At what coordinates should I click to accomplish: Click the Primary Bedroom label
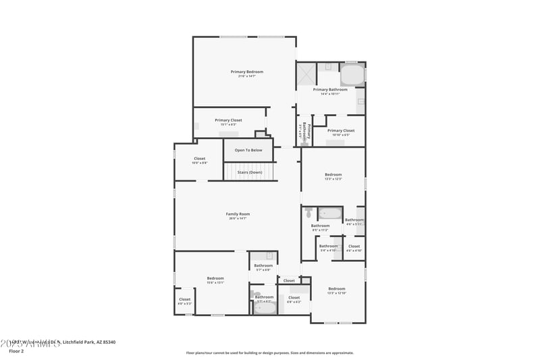pos(246,72)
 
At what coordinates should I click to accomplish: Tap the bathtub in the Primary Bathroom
pos(352,74)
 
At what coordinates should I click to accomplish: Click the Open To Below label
pos(248,150)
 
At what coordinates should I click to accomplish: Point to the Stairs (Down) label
pos(249,172)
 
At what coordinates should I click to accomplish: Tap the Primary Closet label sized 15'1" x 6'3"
pos(228,120)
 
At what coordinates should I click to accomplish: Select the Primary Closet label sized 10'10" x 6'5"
pos(340,130)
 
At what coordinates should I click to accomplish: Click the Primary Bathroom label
pos(330,89)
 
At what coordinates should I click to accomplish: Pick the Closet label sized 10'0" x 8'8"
pos(199,159)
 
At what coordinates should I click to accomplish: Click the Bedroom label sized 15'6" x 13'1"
pos(215,278)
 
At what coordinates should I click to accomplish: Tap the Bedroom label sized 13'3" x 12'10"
pos(336,288)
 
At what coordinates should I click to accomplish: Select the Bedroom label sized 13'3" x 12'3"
pos(333,175)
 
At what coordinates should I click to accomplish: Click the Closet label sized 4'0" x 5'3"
pos(184,299)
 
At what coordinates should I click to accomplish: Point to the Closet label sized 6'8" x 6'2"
pos(294,297)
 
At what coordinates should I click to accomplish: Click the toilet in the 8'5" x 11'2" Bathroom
pos(308,213)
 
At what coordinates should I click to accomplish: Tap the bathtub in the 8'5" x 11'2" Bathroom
pos(330,214)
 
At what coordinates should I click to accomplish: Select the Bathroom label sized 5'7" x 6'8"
pos(263,265)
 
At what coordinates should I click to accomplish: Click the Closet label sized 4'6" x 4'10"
pos(354,247)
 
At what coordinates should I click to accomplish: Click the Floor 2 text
pos(16,351)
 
